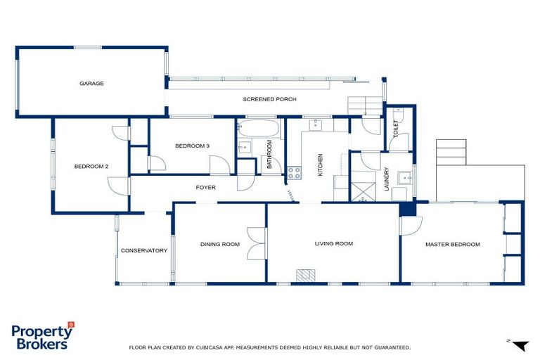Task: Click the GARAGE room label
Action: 91,83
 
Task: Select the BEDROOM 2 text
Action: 91,167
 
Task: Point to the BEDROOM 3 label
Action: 192,146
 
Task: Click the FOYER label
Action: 205,188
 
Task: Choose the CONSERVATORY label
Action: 143,250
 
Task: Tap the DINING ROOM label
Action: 220,244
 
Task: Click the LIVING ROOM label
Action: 333,243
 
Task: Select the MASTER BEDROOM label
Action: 452,244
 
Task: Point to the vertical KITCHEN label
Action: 320,164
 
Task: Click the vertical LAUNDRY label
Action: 386,179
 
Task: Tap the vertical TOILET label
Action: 395,129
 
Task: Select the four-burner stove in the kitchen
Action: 294,172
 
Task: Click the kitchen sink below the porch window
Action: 316,124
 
